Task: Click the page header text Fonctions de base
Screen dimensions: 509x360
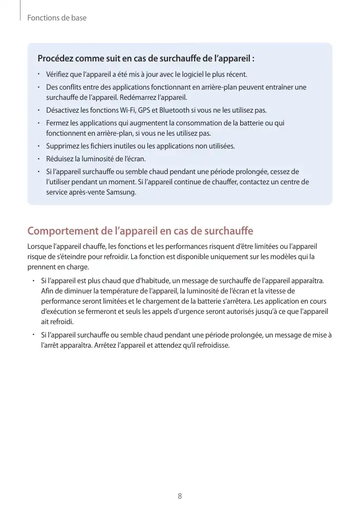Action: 57,18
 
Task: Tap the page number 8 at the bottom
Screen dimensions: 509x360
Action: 180,496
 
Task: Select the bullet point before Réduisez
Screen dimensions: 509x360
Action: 38,159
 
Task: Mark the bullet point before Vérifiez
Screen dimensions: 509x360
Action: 38,75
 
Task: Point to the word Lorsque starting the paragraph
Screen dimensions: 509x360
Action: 39,247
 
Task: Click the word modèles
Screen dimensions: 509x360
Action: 279,257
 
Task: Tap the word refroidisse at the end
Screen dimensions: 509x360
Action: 211,345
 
